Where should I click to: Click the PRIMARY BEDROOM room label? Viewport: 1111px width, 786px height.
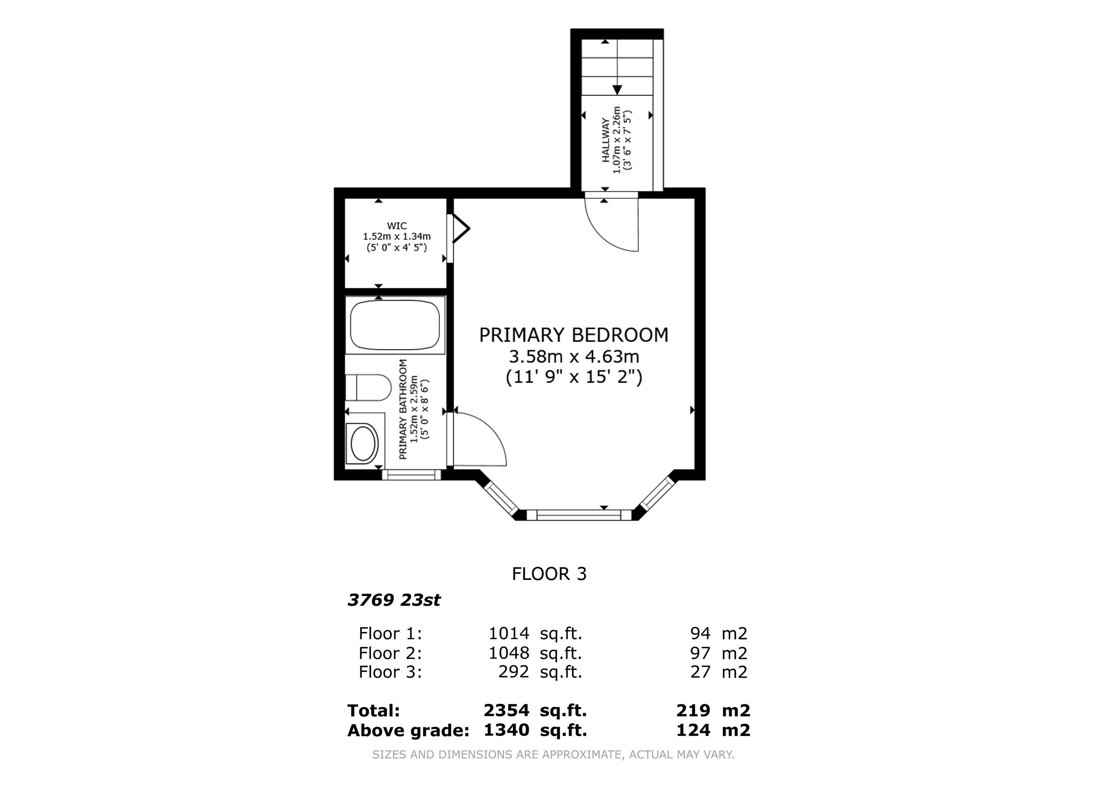tap(574, 335)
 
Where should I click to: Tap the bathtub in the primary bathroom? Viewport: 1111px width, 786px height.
tap(395, 325)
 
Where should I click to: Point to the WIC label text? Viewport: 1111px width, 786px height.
tap(397, 226)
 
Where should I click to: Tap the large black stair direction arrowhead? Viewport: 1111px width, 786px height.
tap(617, 90)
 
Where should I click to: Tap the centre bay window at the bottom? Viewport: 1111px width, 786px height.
tap(579, 515)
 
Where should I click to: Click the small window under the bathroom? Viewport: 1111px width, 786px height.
tap(411, 475)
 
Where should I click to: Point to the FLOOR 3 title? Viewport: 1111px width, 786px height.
tap(549, 574)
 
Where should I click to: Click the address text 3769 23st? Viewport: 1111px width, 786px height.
tap(394, 600)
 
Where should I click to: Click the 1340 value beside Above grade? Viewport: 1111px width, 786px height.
tap(506, 730)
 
